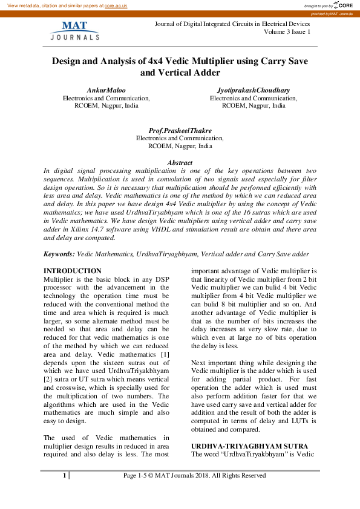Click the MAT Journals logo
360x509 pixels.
(x=74, y=30)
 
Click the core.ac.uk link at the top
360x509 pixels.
(x=116, y=5)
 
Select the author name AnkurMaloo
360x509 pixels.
(x=106, y=90)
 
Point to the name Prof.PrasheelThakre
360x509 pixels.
(x=180, y=131)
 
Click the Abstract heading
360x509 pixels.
(x=180, y=163)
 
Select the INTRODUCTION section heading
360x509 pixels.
(x=73, y=271)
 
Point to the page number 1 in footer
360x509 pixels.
(x=64, y=476)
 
